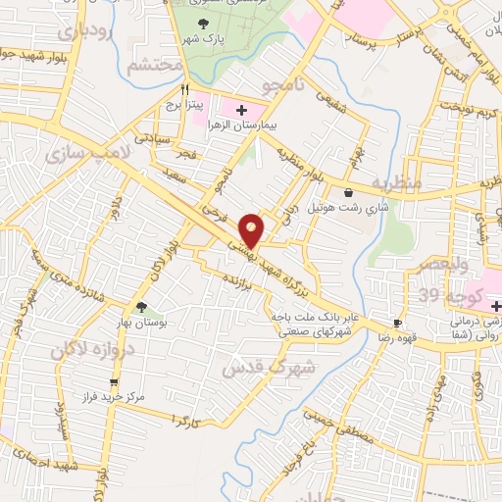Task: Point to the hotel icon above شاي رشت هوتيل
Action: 349,192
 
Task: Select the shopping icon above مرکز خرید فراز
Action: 115,382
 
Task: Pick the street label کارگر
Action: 184,420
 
